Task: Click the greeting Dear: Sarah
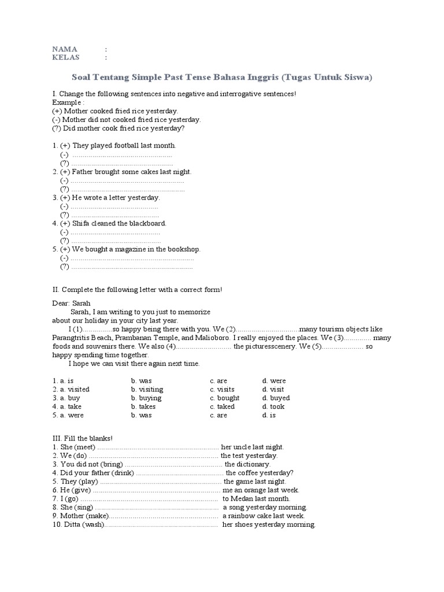pyautogui.click(x=72, y=303)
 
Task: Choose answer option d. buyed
pyautogui.click(x=276, y=398)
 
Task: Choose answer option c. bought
pyautogui.click(x=225, y=398)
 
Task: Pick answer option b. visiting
pyautogui.click(x=147, y=389)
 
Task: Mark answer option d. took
pyautogui.click(x=273, y=406)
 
